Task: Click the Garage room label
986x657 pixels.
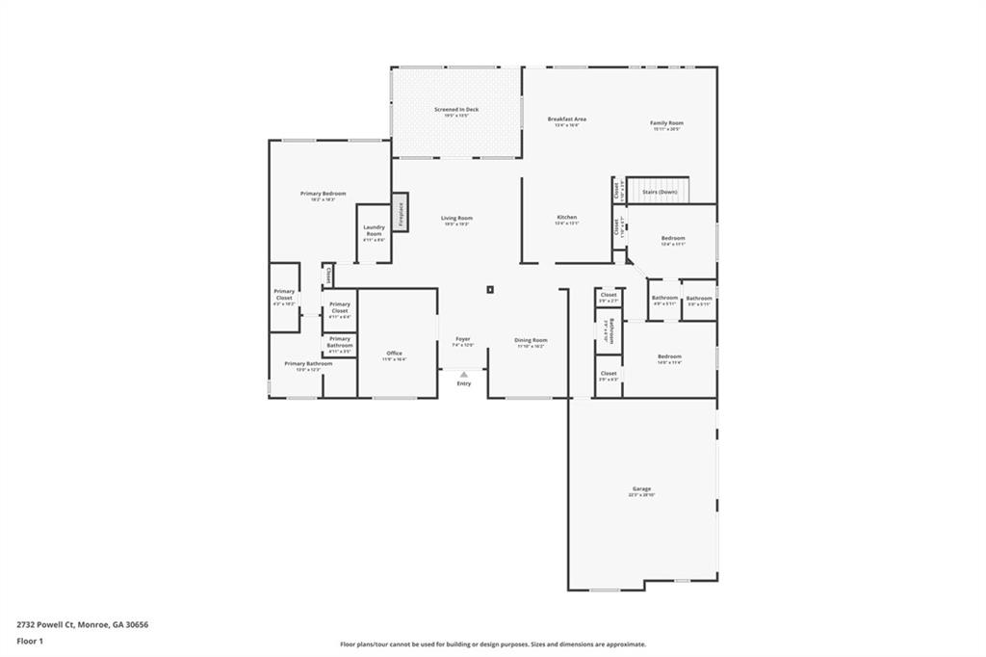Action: point(642,491)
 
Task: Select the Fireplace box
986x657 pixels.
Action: point(400,212)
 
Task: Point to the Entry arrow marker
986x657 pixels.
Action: point(463,375)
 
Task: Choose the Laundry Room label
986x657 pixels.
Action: point(374,232)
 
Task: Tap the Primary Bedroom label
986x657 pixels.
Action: point(322,196)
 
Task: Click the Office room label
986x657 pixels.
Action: point(394,355)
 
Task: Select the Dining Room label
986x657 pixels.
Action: point(531,341)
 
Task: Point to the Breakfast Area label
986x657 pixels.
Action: point(567,120)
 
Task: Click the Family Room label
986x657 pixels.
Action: point(666,124)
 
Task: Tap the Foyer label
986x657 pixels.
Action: point(463,341)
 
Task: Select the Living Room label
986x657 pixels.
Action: point(456,220)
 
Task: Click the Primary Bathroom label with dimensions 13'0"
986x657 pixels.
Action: point(308,365)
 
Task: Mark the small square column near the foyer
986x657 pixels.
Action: point(490,288)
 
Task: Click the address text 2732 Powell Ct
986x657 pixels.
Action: point(82,624)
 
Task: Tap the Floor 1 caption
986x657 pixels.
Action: point(30,640)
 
